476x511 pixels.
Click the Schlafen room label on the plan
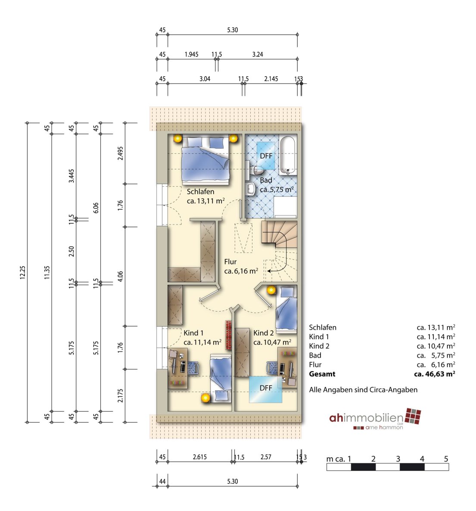click(200, 192)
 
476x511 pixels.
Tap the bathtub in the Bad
click(288, 156)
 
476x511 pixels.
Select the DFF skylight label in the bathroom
click(266, 156)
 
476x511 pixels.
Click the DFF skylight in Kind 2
click(265, 389)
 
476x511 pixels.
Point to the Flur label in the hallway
click(230, 262)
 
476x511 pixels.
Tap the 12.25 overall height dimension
click(22, 272)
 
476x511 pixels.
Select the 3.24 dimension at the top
click(258, 54)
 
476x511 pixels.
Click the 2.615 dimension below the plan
click(200, 457)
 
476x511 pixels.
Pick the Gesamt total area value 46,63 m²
click(435, 374)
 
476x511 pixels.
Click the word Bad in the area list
click(315, 355)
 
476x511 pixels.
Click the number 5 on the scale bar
click(446, 459)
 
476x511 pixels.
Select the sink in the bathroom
click(251, 189)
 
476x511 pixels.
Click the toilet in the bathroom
click(257, 170)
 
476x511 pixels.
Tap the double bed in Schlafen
click(206, 160)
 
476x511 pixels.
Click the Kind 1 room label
click(193, 333)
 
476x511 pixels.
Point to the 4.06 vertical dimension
click(120, 276)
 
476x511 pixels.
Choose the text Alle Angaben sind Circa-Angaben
click(363, 390)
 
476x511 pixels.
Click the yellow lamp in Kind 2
click(271, 290)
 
